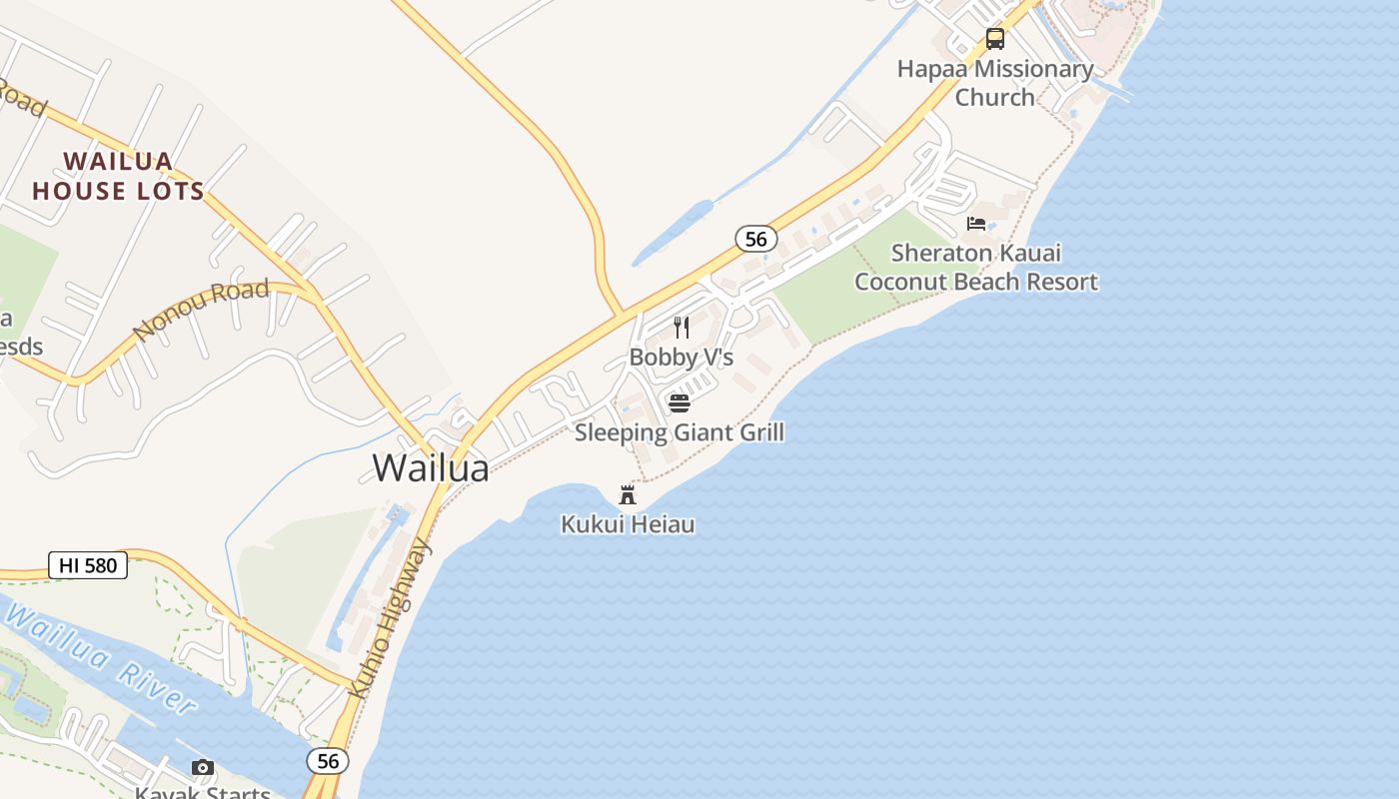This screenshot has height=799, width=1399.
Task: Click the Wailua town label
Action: [431, 467]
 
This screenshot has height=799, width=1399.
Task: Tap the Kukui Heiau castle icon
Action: [628, 494]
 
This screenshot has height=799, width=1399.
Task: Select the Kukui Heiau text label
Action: [628, 524]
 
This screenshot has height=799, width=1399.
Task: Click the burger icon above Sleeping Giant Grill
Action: [680, 403]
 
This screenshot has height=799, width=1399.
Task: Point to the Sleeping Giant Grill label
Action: [680, 432]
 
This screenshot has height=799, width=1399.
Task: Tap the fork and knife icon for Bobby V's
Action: [682, 328]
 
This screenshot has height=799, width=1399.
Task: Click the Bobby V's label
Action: [682, 357]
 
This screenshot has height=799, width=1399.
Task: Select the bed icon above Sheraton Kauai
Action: [976, 224]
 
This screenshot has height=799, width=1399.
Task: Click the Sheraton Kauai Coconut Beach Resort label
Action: [976, 268]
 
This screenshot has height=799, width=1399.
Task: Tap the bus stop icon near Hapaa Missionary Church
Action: [995, 39]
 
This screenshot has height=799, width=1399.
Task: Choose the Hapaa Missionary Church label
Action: [995, 83]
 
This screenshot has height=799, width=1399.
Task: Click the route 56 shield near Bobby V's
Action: [755, 239]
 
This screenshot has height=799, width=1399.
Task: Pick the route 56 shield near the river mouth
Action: [328, 761]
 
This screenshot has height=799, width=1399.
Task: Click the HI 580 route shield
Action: [88, 565]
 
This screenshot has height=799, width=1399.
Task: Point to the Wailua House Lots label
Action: [118, 176]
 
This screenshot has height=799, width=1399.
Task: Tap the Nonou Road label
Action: [201, 310]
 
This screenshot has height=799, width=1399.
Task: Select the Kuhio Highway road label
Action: [391, 620]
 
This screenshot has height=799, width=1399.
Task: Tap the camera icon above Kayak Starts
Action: [203, 768]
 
